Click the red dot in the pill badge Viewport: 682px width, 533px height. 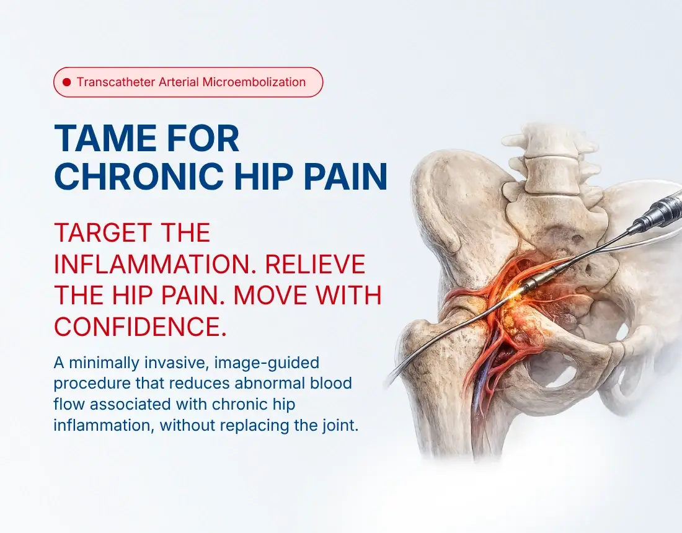66,82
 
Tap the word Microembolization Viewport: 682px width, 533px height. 254,82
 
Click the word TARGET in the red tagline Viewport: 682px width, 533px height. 103,232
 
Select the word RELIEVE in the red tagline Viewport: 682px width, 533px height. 315,264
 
